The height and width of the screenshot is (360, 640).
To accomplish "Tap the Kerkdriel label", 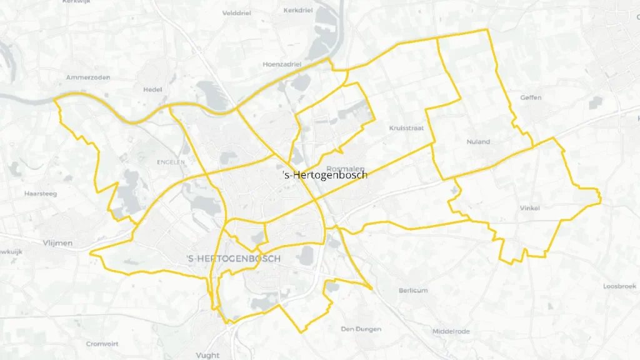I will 297,11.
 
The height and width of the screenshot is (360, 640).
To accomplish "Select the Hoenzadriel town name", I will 282,64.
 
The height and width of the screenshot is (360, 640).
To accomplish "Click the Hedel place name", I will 152,89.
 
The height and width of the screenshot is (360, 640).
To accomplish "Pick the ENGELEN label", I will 171,162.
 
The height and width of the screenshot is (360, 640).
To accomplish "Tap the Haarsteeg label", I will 40,194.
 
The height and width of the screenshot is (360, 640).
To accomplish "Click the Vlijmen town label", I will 58,242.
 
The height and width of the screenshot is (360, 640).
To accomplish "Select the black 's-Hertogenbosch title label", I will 325,175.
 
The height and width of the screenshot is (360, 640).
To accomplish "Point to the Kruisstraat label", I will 407,127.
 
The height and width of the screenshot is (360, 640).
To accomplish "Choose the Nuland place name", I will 478,142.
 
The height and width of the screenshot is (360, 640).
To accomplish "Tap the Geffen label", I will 531,97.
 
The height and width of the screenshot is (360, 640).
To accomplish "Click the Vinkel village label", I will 529,207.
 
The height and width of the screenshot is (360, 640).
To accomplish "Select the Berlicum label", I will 413,290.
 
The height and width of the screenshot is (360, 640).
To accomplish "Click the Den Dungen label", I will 361,329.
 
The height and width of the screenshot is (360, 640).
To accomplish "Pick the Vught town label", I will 207,355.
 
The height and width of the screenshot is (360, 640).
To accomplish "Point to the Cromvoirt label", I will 102,344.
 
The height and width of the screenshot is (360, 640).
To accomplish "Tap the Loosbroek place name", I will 619,286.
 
